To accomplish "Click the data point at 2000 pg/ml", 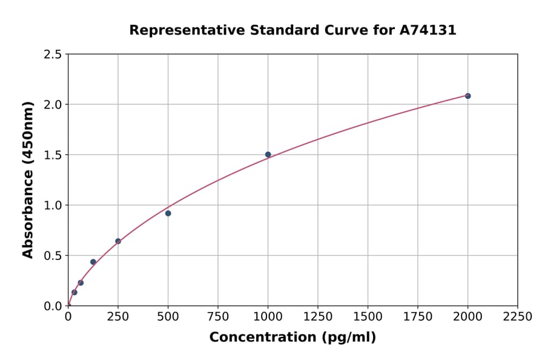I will (467, 96).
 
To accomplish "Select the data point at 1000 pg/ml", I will (268, 155).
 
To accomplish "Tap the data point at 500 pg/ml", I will (168, 213).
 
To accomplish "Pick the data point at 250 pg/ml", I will (118, 241).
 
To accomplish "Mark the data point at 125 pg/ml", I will (93, 262).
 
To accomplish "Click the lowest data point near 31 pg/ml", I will (74, 292).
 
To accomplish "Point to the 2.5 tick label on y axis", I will (53, 55).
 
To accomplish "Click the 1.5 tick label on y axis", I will (53, 155).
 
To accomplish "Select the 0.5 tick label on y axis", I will (53, 256).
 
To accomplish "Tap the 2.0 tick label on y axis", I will (53, 105).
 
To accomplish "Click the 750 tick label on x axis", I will (218, 317).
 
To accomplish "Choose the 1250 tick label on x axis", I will (318, 317).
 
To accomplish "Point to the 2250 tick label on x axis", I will (518, 317).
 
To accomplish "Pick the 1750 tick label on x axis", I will (418, 317).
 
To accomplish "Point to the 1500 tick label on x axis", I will (368, 317).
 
